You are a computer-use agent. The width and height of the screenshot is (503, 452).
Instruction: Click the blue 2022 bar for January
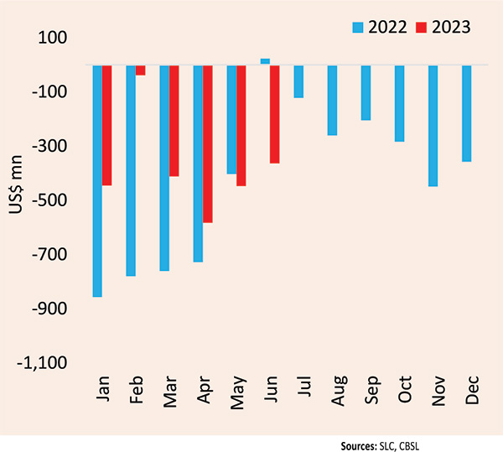[97, 180]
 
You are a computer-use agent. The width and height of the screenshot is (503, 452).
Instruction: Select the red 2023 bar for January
[107, 125]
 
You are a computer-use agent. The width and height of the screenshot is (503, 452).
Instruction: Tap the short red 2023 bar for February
[141, 70]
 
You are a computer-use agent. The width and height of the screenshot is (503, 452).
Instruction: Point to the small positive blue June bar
[265, 61]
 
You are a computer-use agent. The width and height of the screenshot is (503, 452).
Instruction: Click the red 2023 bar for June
[275, 114]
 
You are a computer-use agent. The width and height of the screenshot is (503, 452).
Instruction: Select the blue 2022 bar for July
[298, 81]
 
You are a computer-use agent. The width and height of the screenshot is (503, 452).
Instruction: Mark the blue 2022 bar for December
[466, 113]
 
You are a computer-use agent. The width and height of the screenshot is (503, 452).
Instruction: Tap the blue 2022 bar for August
[332, 100]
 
